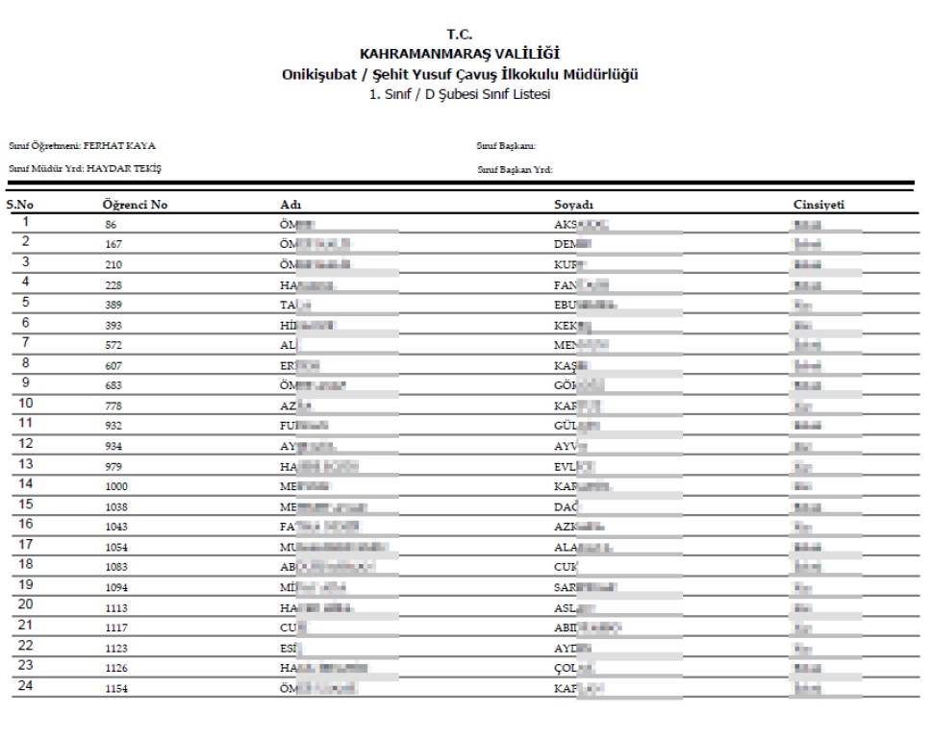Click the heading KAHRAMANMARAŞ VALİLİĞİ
tap(466, 54)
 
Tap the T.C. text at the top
tap(466, 36)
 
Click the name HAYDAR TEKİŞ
tap(124, 168)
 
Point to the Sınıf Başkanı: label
tap(506, 146)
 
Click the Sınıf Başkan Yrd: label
tap(515, 169)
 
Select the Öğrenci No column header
tap(136, 205)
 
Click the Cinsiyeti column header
tap(819, 205)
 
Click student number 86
tap(112, 226)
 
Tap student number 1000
tap(116, 487)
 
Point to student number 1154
tap(116, 689)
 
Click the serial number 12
tap(26, 443)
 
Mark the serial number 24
tap(26, 685)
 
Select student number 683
tap(113, 386)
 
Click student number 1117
tap(116, 628)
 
